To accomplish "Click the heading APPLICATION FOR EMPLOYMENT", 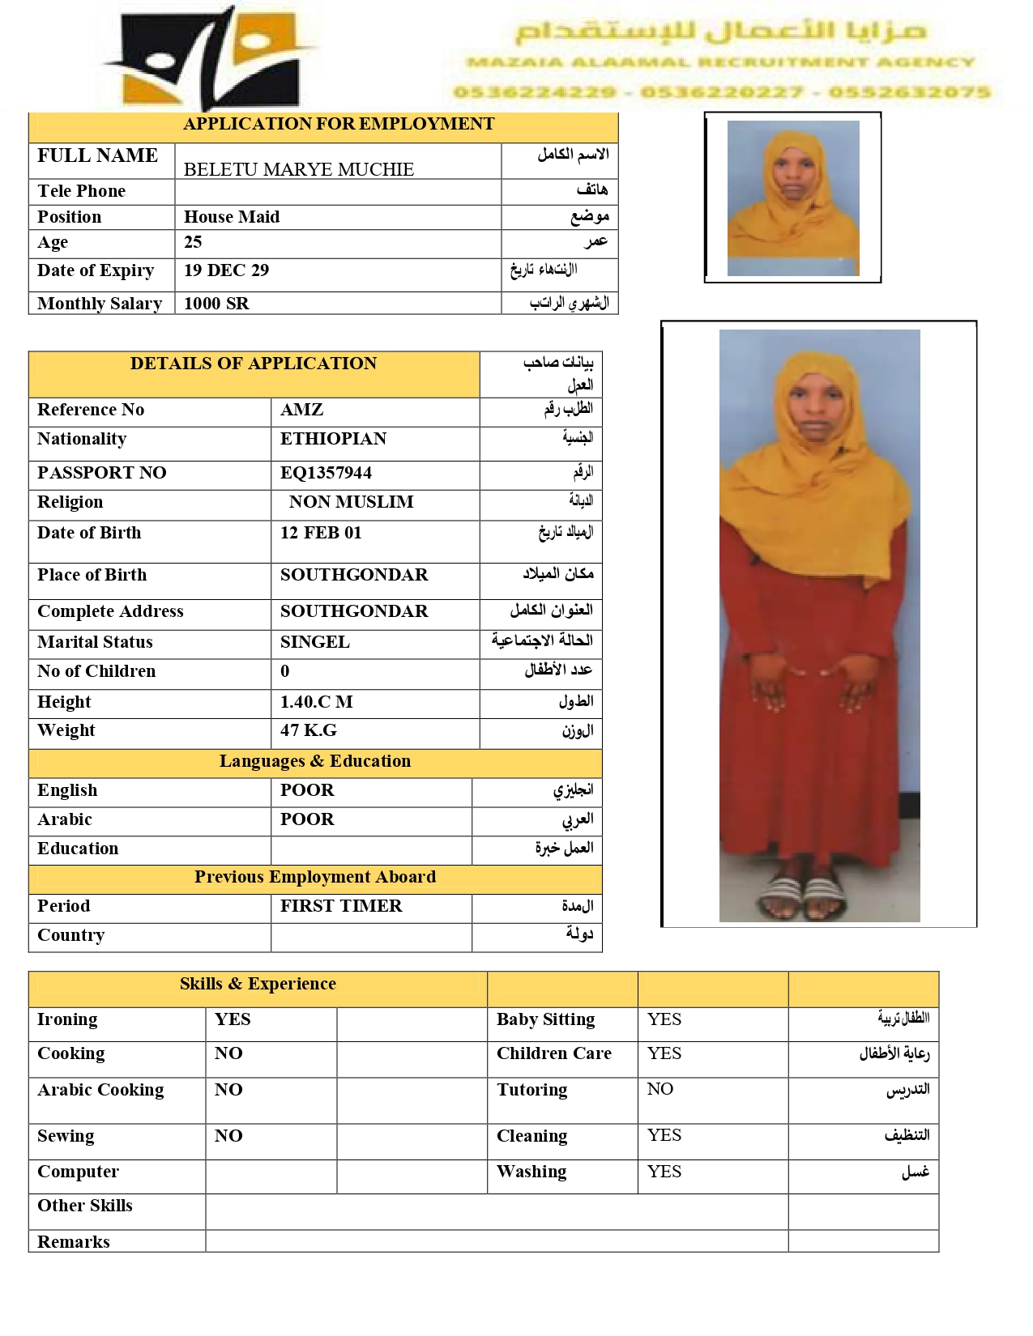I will [x=338, y=124].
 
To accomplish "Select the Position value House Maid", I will [x=232, y=217].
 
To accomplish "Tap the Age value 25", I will [x=193, y=242].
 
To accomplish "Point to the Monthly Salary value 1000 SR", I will [x=216, y=304].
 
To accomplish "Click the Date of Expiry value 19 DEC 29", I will [x=226, y=270].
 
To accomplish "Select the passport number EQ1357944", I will [x=326, y=473].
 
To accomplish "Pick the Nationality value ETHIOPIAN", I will [x=333, y=439].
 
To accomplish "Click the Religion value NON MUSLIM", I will [x=351, y=502].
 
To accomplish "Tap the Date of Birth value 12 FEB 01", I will [x=321, y=533].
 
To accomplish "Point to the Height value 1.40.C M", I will [x=316, y=702].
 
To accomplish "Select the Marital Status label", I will [x=95, y=642].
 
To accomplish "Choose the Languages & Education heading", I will [x=314, y=761].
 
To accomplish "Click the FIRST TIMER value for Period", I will [x=341, y=906].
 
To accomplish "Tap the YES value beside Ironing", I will [x=233, y=1019].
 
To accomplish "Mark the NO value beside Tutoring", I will [x=659, y=1089].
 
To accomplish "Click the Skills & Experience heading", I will [x=258, y=984].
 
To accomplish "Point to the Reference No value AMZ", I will [x=301, y=410].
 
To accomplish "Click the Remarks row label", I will [x=74, y=1242].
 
